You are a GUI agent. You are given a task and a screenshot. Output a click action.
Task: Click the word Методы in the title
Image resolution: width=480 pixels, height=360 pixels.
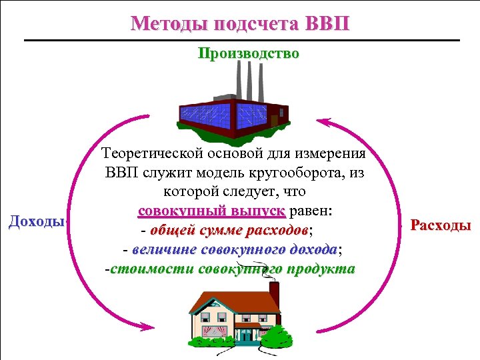point(167,24)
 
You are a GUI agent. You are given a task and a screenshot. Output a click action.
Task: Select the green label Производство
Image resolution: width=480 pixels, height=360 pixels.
point(249,53)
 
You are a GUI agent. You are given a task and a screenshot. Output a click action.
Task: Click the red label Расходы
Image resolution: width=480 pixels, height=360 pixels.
point(441,225)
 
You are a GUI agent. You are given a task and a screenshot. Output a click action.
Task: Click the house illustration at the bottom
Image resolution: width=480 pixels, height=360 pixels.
point(233,313)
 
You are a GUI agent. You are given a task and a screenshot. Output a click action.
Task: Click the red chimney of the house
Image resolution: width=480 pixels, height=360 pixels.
point(274,292)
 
